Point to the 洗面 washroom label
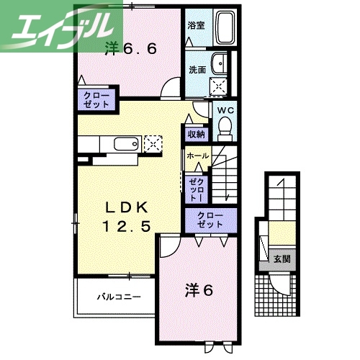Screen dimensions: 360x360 coord(197,70)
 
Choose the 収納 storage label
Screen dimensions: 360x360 coord(197,134)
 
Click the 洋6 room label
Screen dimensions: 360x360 coord(200,291)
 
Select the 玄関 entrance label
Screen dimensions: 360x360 coord(282,258)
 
